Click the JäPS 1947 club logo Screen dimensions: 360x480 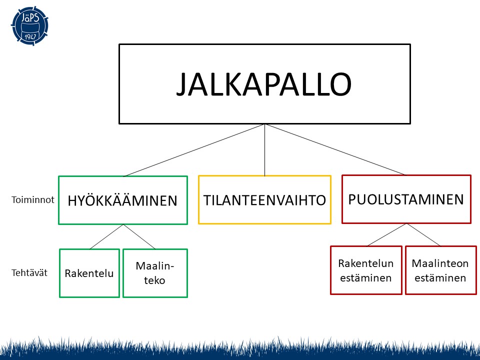(x=29, y=24)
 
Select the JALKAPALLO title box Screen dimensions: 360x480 (x=264, y=83)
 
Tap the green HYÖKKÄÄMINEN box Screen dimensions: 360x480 (x=122, y=200)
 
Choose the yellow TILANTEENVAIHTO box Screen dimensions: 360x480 (x=264, y=199)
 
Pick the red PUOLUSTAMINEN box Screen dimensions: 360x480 (x=406, y=199)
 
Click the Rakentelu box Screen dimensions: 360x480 (x=89, y=273)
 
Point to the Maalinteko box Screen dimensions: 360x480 (x=155, y=273)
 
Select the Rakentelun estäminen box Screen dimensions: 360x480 (x=366, y=270)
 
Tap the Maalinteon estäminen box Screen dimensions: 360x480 (x=440, y=270)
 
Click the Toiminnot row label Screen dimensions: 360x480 (x=32, y=199)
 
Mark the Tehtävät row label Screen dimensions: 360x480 (x=29, y=273)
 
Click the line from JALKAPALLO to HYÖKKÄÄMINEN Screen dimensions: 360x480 (x=194, y=150)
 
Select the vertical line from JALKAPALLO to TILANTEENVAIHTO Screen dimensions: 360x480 (x=264, y=150)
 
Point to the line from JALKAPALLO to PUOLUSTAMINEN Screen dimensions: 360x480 (x=335, y=149)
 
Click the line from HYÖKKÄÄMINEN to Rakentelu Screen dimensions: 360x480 (x=106, y=237)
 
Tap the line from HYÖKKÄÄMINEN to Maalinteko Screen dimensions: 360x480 (x=139, y=237)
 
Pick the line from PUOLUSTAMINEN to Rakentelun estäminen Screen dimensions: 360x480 (x=387, y=235)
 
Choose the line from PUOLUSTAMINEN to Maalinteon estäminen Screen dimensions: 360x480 (x=424, y=235)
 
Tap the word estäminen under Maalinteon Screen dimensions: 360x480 (x=440, y=278)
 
